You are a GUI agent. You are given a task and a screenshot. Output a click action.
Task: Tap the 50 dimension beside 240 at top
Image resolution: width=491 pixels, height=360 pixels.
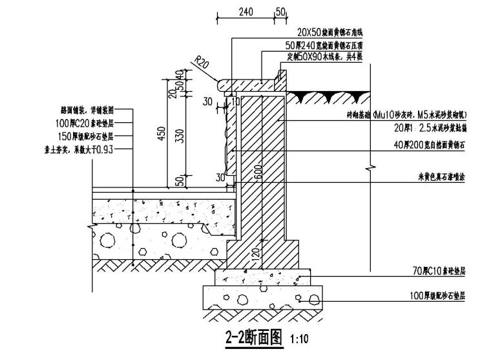(x=280, y=11)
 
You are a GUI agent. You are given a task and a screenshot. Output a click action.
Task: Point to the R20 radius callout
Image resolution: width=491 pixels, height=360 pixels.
(x=200, y=62)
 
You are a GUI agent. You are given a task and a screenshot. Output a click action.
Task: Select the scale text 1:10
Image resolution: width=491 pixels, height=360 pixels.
(x=300, y=338)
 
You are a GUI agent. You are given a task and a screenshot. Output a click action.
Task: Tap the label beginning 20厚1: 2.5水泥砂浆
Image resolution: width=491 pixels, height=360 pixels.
(x=430, y=127)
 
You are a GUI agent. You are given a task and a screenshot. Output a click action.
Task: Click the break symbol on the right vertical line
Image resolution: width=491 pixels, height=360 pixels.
(x=369, y=169)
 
